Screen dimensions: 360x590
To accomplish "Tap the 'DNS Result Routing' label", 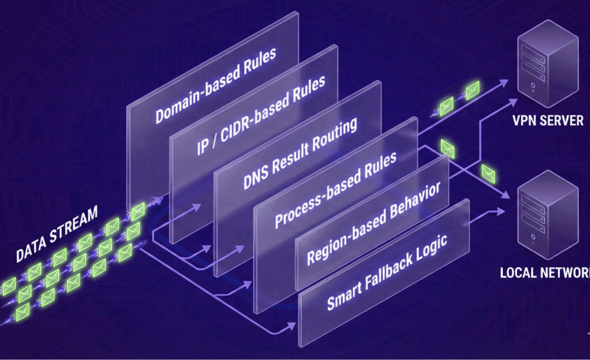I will tap(300, 155).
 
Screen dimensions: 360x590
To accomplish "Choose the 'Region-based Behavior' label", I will tap(373, 224).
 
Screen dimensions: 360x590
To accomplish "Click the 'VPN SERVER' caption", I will tap(548, 121).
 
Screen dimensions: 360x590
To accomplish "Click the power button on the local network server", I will tap(533, 240).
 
